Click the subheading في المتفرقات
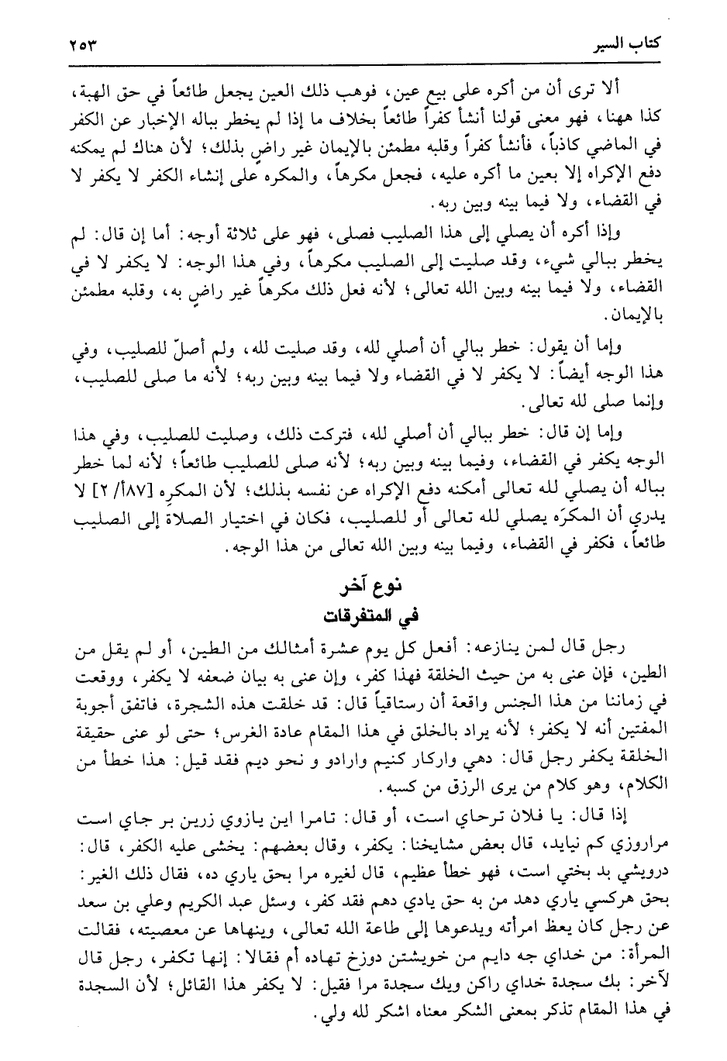pyautogui.click(x=363, y=615)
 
